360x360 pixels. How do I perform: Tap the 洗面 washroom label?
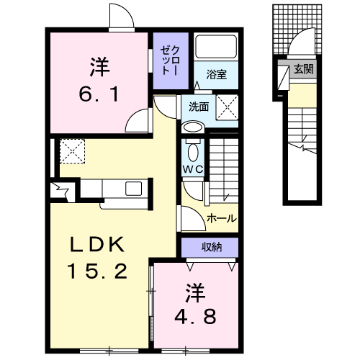point(199,107)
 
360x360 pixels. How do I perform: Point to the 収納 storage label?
point(211,247)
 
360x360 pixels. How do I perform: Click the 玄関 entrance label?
point(304,69)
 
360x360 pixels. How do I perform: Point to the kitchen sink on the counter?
point(134,189)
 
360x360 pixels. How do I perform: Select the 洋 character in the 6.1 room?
point(99,66)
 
